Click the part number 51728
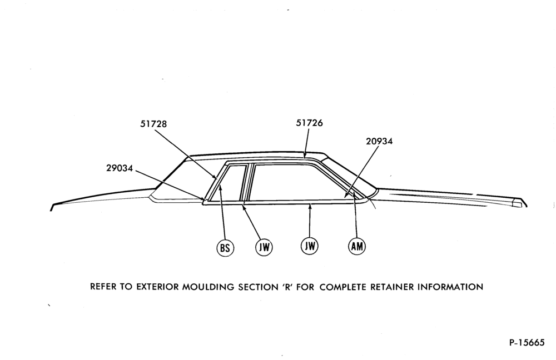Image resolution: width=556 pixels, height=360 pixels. click(153, 124)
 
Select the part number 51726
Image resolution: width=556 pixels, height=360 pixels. click(310, 123)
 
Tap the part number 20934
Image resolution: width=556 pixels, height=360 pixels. click(379, 141)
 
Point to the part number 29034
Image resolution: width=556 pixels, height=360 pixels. click(120, 168)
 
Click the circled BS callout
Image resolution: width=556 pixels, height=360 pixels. click(225, 248)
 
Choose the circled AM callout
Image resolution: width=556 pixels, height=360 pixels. click(357, 246)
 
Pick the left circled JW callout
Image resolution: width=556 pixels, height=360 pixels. click(264, 247)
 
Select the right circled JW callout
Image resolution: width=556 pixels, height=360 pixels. click(310, 246)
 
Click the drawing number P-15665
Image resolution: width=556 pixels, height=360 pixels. click(527, 343)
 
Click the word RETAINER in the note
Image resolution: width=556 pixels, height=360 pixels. click(392, 287)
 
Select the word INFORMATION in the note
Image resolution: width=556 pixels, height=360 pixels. click(450, 287)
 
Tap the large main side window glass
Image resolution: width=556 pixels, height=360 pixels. click(298, 182)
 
